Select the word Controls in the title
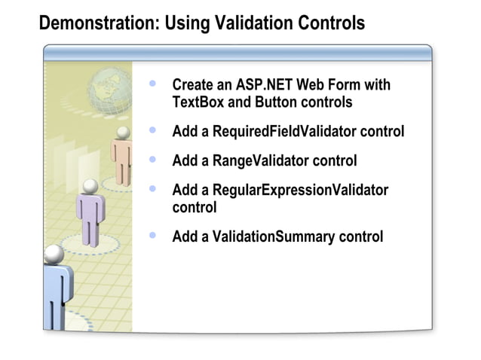[329, 23]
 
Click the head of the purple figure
[90, 185]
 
